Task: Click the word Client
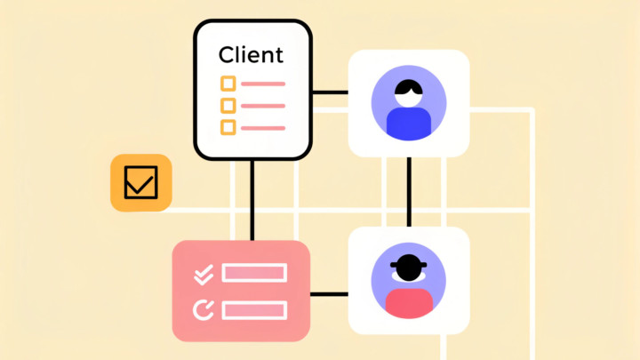(251, 54)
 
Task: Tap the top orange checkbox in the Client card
(228, 84)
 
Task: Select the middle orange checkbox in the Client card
(228, 106)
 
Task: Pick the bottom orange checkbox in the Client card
(228, 127)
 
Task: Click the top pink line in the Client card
(263, 84)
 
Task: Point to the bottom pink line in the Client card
(263, 128)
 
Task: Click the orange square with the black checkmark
(140, 183)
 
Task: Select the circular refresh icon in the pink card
(204, 309)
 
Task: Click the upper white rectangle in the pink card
(254, 273)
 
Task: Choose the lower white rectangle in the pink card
(254, 310)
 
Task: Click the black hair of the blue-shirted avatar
(409, 87)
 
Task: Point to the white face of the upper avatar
(409, 98)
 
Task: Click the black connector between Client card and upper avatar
(330, 92)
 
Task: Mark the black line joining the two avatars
(409, 191)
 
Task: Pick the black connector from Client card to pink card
(252, 200)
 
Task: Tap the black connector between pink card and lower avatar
(329, 293)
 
